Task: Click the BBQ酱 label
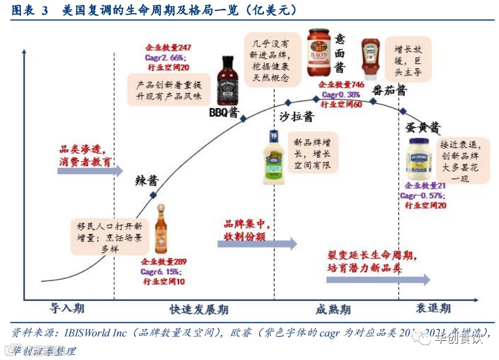(x=223, y=113)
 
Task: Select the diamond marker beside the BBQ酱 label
(x=243, y=117)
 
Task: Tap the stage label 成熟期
(x=333, y=310)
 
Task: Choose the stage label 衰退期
(x=433, y=308)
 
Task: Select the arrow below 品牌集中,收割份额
(x=257, y=243)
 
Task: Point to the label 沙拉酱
(x=296, y=116)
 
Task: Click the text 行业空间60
(x=341, y=104)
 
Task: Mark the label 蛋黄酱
(x=423, y=128)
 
